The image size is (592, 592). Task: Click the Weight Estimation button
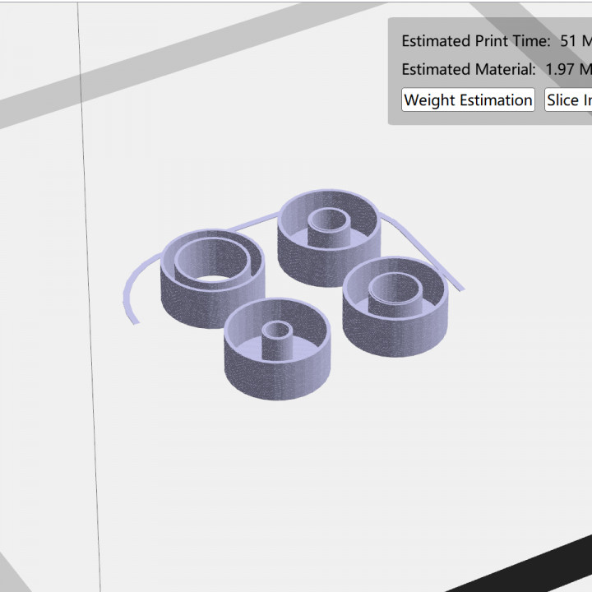pos(468,100)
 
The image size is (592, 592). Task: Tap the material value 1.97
pos(560,70)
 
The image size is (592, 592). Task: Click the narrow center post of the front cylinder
pos(278,339)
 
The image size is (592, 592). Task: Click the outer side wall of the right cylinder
pos(395,333)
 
